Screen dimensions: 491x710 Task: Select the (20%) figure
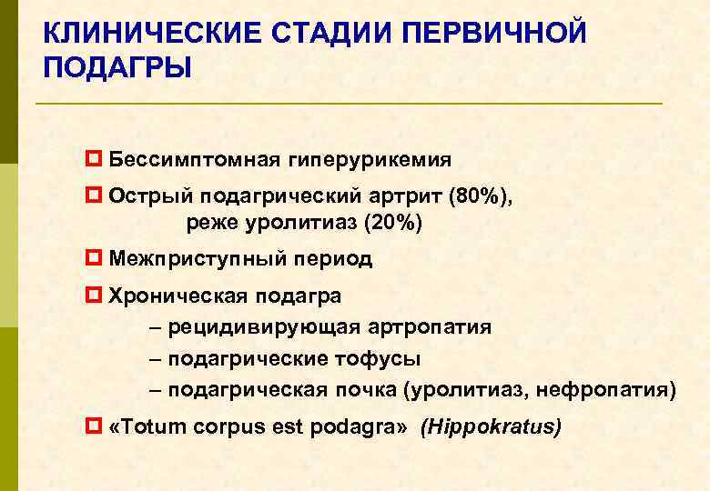[393, 222]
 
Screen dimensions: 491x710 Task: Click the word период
[332, 259]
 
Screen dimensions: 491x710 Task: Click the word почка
[365, 391]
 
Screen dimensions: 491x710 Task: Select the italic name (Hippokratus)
[491, 426]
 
